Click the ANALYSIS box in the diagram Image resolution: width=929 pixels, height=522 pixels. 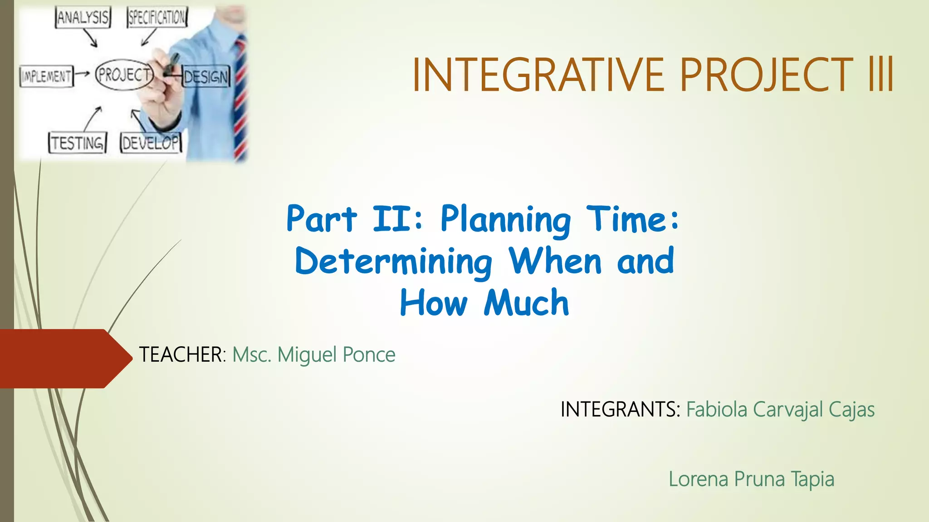(83, 18)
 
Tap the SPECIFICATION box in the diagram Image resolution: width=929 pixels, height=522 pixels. (157, 18)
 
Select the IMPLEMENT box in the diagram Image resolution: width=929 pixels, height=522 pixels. (46, 76)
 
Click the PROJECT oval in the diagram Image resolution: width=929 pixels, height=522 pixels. (123, 74)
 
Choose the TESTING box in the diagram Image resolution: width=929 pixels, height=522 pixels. (78, 143)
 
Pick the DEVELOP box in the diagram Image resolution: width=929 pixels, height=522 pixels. (151, 143)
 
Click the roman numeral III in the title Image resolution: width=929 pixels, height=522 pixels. (880, 75)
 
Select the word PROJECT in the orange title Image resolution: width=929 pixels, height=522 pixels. (766, 75)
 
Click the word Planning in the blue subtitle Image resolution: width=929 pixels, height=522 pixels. (506, 220)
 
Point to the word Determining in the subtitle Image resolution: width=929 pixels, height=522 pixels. (394, 262)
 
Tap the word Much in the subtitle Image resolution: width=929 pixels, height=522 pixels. (526, 303)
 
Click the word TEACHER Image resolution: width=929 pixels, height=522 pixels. (181, 354)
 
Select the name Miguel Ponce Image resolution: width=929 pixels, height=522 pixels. (336, 354)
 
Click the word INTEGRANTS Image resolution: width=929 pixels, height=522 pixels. (620, 409)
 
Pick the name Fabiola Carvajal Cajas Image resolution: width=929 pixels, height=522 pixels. (780, 410)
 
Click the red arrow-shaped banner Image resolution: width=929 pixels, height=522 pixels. (64, 358)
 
